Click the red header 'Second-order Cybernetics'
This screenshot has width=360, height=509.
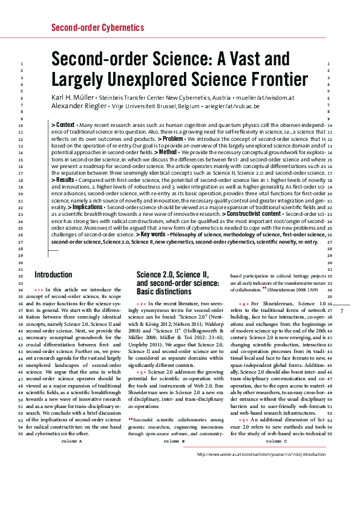(x=94, y=27)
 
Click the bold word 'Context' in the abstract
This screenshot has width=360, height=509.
(x=65, y=125)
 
